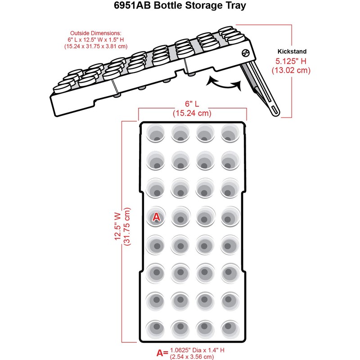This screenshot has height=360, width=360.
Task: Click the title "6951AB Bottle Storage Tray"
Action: coord(180,8)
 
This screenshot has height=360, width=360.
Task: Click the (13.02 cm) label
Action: coord(291,70)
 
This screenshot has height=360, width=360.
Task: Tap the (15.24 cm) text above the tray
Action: coord(192,113)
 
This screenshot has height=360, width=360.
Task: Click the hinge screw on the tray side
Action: coord(245,53)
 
